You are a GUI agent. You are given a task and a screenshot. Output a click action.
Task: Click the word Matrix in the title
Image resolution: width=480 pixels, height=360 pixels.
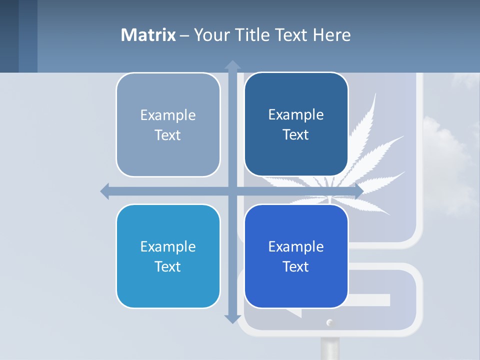[x=148, y=35]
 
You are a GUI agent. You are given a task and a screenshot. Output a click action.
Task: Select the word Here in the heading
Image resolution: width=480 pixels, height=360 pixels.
[x=331, y=35]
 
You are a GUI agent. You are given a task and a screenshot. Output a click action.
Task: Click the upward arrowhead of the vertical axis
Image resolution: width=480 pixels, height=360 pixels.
[x=232, y=65]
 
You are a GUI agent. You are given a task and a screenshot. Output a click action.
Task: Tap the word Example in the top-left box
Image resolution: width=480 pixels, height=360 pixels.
[x=168, y=115]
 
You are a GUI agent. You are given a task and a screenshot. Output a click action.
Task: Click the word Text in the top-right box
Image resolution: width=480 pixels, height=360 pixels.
[x=296, y=135]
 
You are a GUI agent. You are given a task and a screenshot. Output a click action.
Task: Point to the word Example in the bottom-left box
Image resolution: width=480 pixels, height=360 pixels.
[x=168, y=246]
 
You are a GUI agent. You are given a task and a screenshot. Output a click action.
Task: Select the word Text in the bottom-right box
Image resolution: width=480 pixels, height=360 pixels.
[x=296, y=266]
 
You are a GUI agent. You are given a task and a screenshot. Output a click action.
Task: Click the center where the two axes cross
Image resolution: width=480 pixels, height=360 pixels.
[x=232, y=191]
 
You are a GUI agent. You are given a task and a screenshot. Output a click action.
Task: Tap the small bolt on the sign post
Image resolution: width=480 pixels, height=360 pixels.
[x=329, y=322]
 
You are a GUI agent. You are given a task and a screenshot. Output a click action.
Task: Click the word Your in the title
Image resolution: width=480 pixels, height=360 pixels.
[x=211, y=35]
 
